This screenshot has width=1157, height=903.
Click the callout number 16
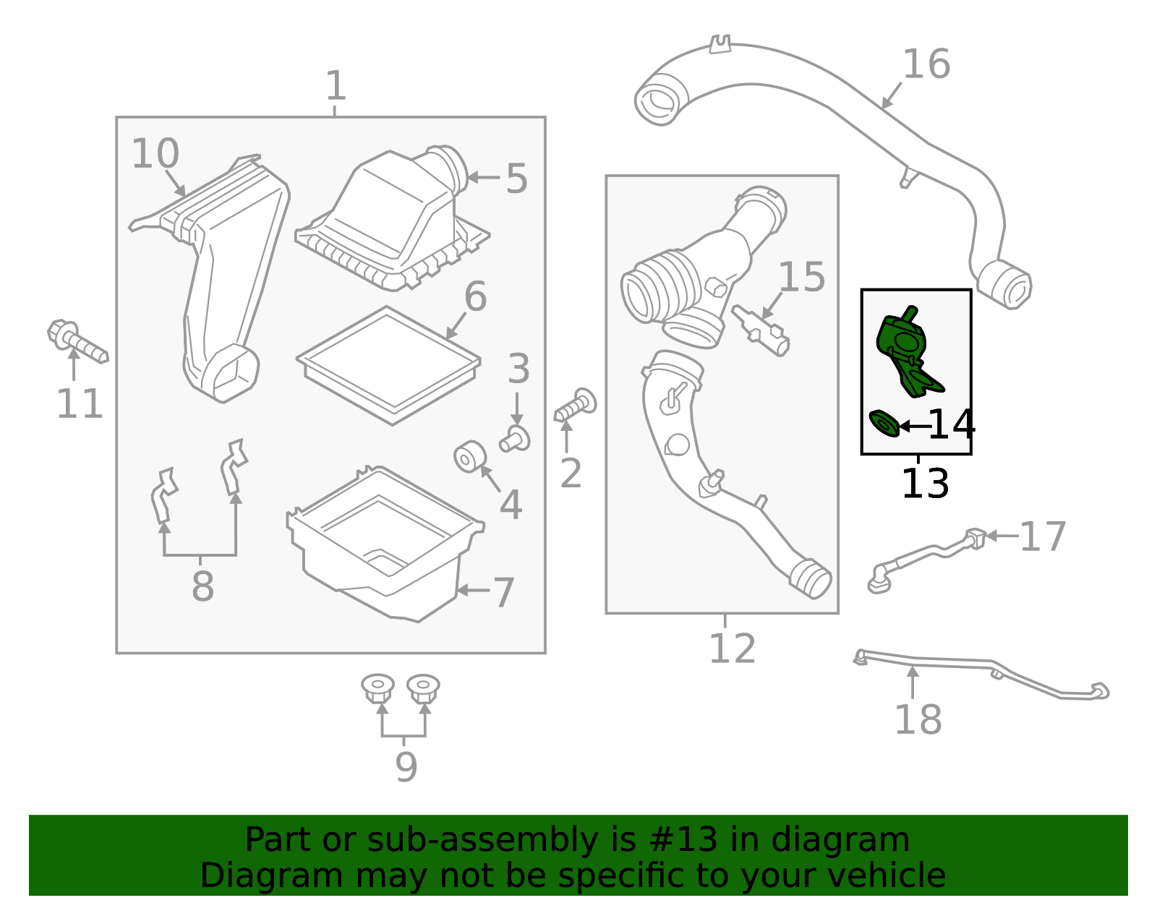click(926, 64)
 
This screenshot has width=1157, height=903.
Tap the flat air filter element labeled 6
click(388, 365)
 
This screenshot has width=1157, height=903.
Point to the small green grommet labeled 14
click(884, 424)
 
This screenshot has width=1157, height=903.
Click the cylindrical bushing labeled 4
click(469, 456)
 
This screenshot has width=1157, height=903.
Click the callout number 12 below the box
click(731, 649)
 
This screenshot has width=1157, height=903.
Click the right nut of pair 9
click(422, 688)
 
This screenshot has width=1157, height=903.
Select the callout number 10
click(155, 154)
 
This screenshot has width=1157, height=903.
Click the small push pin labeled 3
click(516, 438)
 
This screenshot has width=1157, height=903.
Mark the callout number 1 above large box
click(335, 87)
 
